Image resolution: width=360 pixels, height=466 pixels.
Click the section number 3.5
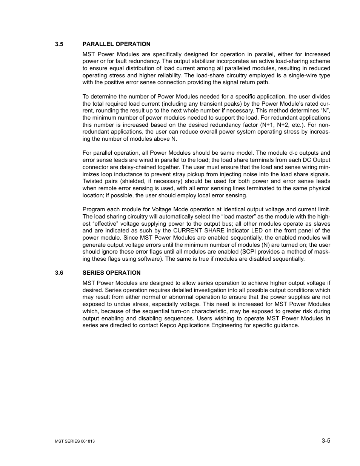(x=58, y=44)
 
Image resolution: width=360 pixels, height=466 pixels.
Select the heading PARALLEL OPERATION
(x=116, y=44)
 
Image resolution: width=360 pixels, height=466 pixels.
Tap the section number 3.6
(x=58, y=273)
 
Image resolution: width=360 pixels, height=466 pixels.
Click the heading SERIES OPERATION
(x=112, y=273)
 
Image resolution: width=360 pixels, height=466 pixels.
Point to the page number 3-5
(x=326, y=440)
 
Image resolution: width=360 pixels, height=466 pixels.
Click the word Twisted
(x=93, y=181)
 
